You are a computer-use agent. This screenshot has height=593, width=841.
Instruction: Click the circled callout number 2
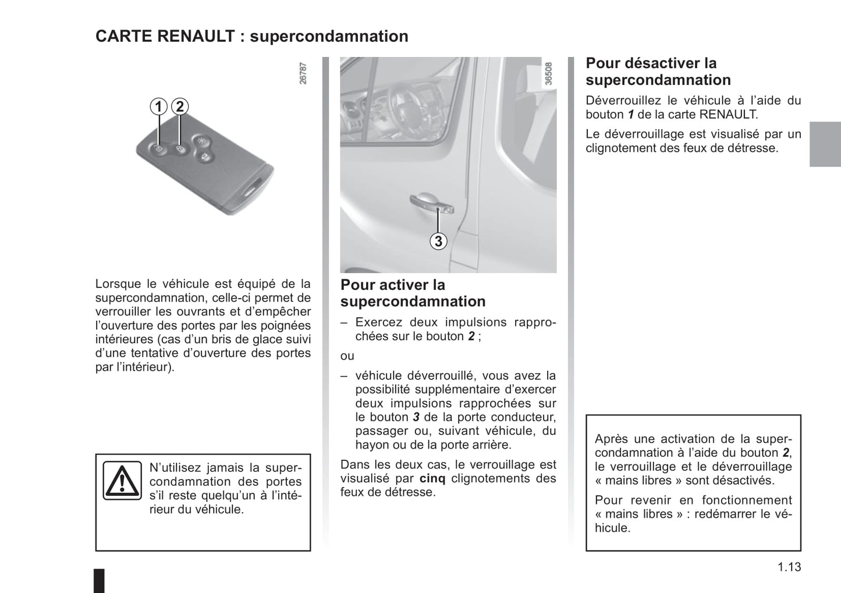coord(180,106)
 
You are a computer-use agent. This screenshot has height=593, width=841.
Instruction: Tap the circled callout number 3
coord(438,240)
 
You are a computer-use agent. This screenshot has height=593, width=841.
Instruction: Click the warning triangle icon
coord(122,481)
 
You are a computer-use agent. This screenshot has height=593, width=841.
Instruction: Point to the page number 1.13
coord(789,567)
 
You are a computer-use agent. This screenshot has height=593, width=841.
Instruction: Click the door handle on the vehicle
coord(430,201)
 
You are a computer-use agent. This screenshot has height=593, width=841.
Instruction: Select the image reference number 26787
coord(303,74)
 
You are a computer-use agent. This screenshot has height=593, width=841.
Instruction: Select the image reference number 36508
coord(548,74)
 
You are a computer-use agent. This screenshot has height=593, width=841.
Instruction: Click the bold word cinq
coord(432,478)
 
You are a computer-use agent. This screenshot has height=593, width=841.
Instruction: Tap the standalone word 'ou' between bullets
coord(347,356)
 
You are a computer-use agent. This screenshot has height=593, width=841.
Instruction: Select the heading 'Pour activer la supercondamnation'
coord(413,293)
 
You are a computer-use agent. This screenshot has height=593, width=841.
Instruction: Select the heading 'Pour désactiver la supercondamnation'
coord(658,71)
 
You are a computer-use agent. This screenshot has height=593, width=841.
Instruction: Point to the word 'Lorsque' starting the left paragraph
coord(118,284)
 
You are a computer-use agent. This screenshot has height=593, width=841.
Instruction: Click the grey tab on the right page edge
coord(825,144)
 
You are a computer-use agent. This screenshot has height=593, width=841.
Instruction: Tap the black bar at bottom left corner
coord(100,581)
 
